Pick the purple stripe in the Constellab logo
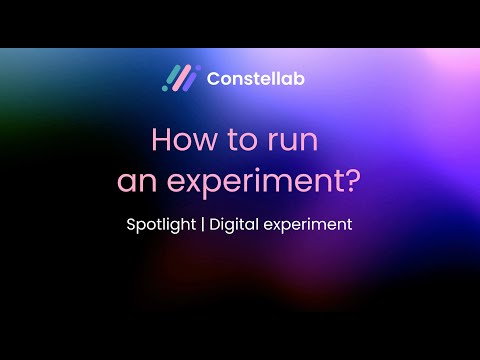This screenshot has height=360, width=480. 190,80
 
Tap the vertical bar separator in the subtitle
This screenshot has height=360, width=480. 204,225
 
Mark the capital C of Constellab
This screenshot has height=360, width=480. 213,78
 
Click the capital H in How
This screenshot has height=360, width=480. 161,139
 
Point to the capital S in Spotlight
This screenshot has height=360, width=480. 132,224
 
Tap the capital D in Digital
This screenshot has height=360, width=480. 216,224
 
